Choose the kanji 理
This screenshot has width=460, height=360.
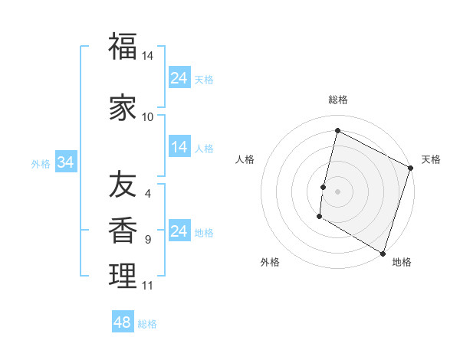tap(123, 277)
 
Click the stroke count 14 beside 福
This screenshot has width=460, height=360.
tap(148, 57)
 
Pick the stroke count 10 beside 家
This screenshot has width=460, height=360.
tap(148, 117)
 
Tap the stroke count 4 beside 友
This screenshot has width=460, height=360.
tap(148, 194)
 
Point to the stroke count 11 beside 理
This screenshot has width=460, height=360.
tap(148, 286)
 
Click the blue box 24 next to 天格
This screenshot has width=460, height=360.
tap(179, 78)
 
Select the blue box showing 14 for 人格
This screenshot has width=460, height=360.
tap(179, 147)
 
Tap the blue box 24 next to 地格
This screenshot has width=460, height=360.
tap(179, 231)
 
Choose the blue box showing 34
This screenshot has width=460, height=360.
tap(66, 162)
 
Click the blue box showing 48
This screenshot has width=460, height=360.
tap(123, 322)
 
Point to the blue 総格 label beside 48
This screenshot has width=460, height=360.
tap(148, 324)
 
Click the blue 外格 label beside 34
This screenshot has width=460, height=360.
tap(41, 163)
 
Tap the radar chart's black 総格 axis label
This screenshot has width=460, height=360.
tap(338, 100)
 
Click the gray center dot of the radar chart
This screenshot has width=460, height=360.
tap(338, 191)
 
